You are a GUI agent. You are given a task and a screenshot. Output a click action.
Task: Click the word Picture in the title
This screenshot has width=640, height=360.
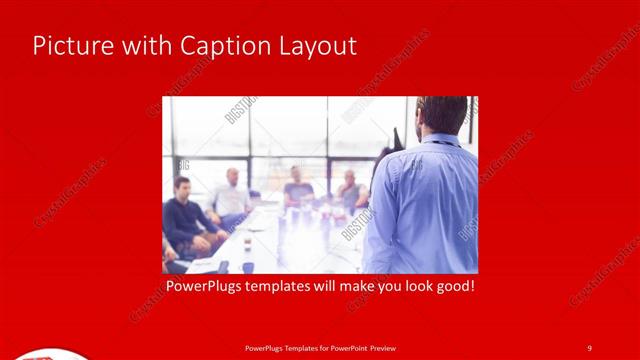[67, 46]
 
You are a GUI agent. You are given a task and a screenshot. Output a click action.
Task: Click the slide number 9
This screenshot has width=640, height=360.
[589, 347]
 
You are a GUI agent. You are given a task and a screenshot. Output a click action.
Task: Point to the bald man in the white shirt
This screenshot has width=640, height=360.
[231, 195]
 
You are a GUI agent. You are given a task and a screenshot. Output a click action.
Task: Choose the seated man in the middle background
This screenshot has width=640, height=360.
[297, 187]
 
